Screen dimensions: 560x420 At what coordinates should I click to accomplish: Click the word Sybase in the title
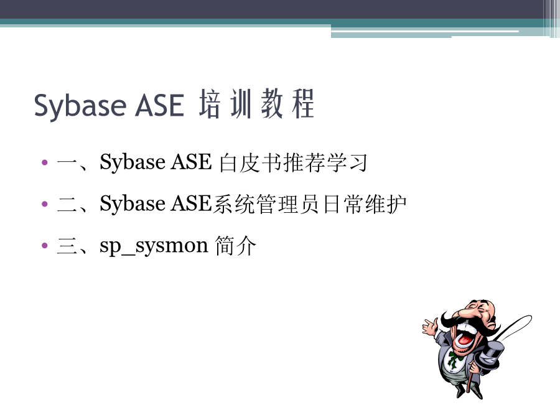coord(80,106)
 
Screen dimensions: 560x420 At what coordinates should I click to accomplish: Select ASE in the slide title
coord(159,105)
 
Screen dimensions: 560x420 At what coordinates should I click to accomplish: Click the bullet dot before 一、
coord(45,162)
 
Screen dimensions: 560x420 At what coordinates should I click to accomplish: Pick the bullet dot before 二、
coord(45,204)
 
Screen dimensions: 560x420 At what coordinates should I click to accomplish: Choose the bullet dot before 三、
coord(45,245)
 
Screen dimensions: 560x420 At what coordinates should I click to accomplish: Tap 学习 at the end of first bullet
coord(347,163)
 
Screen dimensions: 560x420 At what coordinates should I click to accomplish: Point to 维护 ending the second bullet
coord(386,204)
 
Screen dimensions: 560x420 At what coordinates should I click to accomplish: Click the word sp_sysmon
coord(154,246)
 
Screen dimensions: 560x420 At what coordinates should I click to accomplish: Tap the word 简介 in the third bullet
coord(236,246)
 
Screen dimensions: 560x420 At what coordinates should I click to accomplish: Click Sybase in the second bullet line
coord(133,204)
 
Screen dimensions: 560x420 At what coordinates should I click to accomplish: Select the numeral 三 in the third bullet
coord(67,246)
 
